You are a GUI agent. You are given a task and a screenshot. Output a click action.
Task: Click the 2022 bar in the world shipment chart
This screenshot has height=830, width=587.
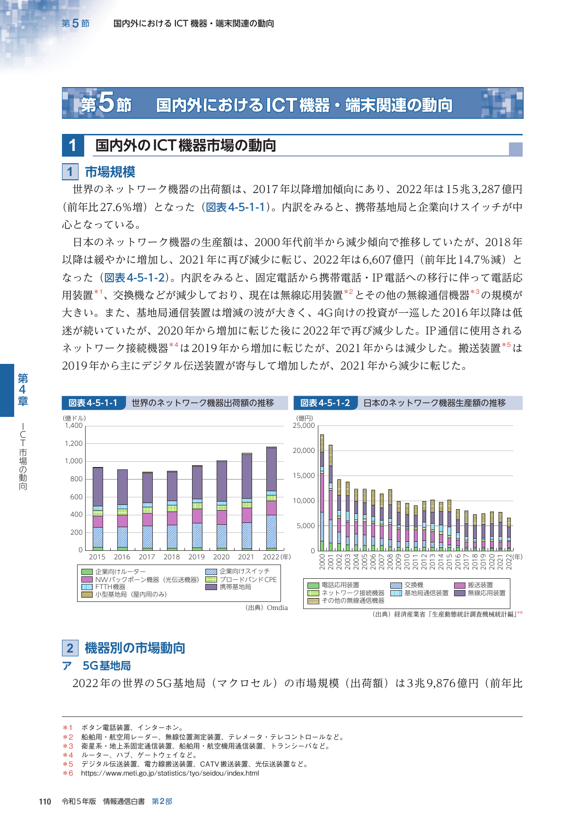[x=272, y=498]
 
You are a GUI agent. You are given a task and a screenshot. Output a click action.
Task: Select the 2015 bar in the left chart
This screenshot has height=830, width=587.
[x=98, y=509]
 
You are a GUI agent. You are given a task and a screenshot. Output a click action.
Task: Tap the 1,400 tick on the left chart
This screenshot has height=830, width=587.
[x=74, y=425]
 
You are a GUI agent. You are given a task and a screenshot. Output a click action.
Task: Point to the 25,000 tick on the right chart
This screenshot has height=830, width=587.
[x=304, y=425]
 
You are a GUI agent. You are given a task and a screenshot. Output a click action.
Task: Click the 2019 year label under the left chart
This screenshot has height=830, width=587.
[x=196, y=557]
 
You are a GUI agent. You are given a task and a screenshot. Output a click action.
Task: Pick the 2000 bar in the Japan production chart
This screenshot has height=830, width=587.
[x=322, y=493]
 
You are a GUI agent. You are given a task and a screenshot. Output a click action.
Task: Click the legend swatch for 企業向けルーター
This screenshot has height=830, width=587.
[x=87, y=572]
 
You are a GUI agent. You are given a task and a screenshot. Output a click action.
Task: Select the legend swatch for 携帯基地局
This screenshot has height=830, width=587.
[x=211, y=587]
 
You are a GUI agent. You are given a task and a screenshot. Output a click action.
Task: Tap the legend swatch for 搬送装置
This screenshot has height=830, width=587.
[x=460, y=585]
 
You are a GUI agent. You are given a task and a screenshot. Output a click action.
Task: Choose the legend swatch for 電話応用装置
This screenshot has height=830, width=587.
[x=313, y=585]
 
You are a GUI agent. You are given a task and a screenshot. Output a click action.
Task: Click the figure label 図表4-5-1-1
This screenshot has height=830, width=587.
[x=93, y=403]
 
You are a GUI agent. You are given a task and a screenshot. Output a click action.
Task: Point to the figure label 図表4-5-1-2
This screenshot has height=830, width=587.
[x=325, y=403]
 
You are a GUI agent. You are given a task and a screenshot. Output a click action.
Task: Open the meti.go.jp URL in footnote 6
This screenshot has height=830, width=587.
[x=170, y=773]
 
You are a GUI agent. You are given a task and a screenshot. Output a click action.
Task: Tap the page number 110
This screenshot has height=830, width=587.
[x=45, y=801]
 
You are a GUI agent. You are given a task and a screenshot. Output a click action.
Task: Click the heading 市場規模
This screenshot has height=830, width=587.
[x=110, y=172]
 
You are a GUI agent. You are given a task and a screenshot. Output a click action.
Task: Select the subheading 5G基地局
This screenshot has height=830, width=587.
[x=106, y=666]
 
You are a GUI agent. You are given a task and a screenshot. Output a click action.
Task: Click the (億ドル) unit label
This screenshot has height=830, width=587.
[x=74, y=418]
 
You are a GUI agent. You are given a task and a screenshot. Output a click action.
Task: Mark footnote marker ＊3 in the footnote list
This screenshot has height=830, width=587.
[x=68, y=746]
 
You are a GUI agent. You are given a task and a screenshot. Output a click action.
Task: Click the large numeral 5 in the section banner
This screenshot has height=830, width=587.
[x=106, y=102]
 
